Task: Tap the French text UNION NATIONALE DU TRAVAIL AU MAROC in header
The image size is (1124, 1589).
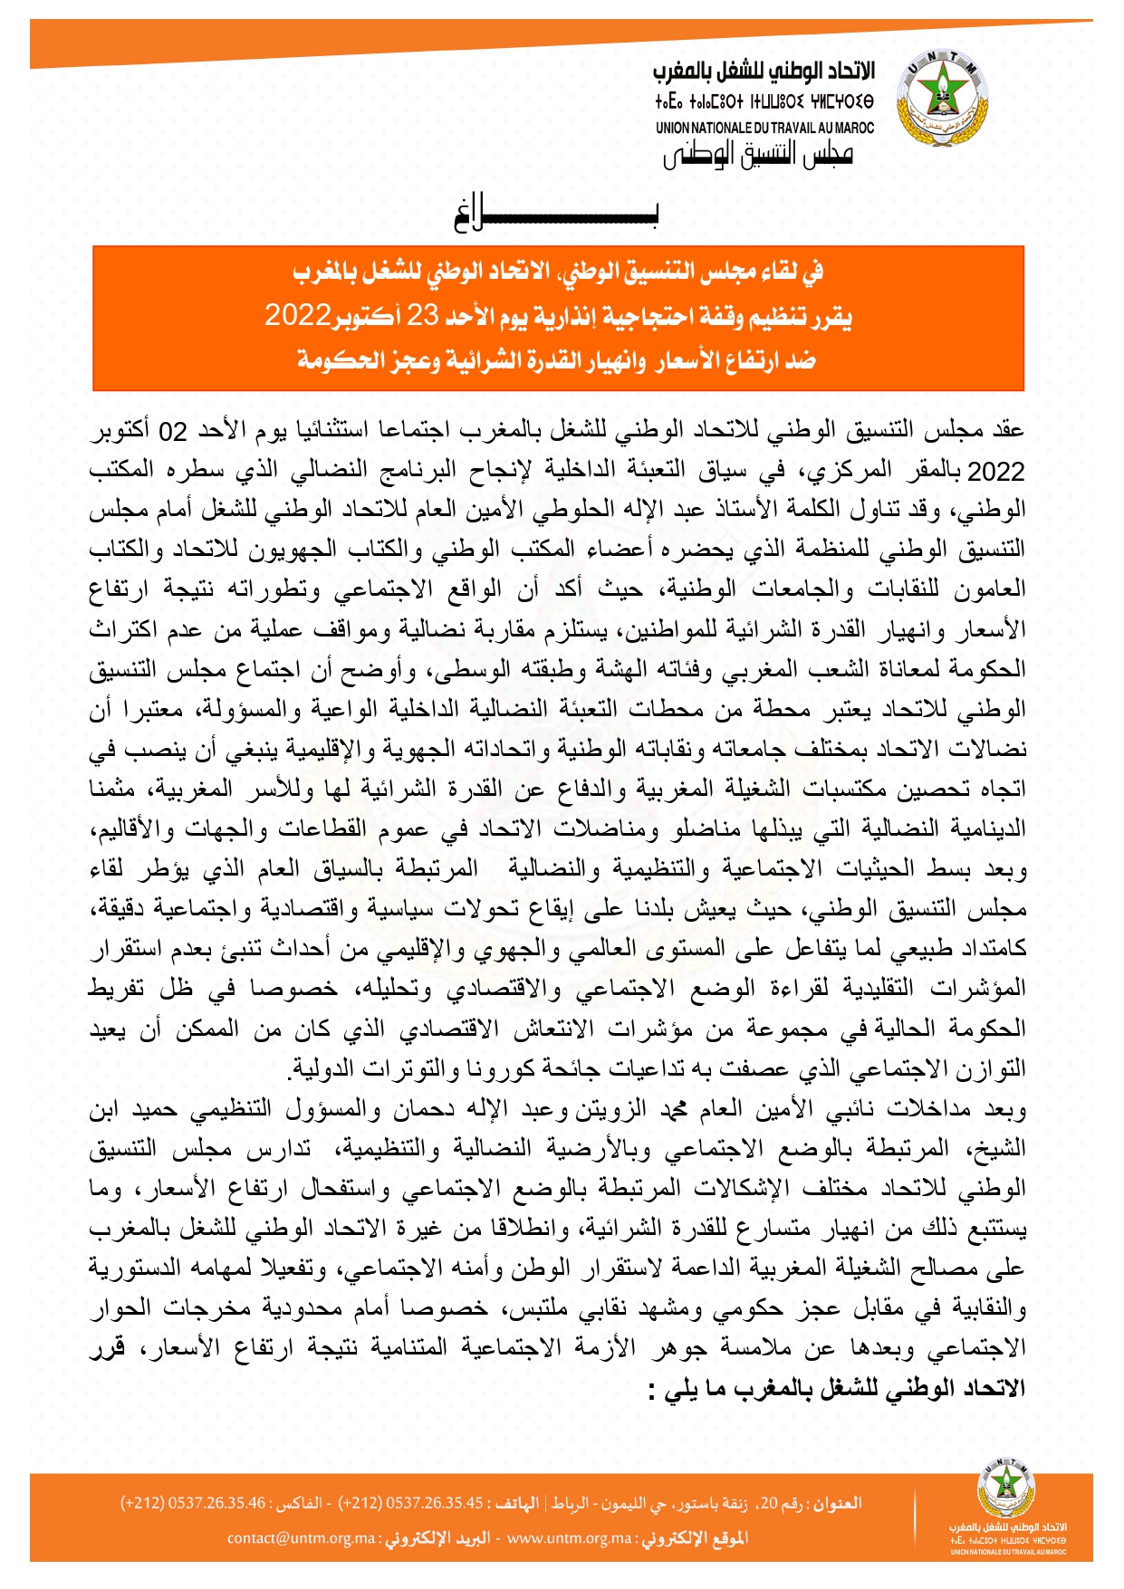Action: tap(764, 128)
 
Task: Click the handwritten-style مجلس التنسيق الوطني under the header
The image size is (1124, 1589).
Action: tap(758, 155)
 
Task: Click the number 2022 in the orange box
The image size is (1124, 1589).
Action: tap(297, 315)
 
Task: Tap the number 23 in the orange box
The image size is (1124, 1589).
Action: tap(423, 315)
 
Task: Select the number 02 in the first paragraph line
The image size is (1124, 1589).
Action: tap(172, 432)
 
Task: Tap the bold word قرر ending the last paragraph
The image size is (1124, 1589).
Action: tap(106, 1348)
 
